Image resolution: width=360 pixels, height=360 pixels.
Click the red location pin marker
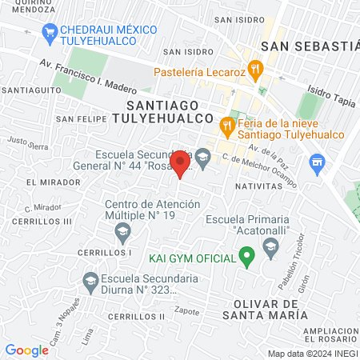click(181, 163)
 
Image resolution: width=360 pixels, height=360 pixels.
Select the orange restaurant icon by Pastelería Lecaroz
click(254, 69)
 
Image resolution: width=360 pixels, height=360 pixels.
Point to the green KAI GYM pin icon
click(246, 258)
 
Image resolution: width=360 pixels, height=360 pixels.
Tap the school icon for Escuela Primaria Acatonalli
click(270, 244)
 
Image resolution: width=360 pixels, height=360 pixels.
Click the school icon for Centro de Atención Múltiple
click(122, 234)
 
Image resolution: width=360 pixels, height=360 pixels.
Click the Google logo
click(26, 350)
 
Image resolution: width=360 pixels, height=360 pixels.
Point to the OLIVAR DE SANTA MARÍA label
click(270, 310)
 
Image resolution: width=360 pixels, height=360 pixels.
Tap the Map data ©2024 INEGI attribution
click(312, 353)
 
